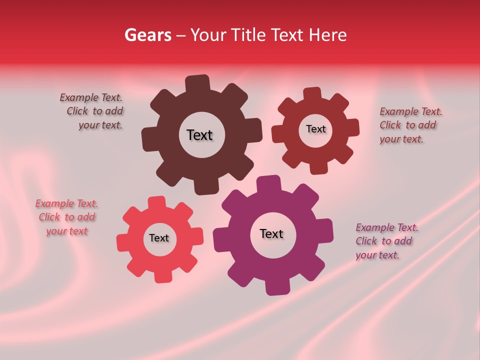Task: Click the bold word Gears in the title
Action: pos(147,35)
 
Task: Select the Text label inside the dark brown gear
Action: pos(199,135)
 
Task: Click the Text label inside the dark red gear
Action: pos(315,129)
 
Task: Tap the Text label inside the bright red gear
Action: pos(159,238)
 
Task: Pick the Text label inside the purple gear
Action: pos(271,233)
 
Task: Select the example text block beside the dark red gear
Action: pos(410,125)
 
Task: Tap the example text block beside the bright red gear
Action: pos(66,217)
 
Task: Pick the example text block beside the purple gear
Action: pos(386,241)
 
